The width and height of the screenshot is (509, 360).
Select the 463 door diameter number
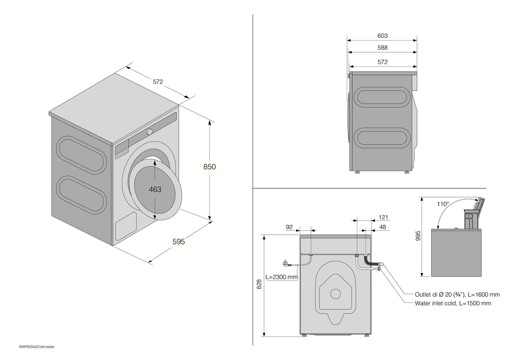(x=155, y=189)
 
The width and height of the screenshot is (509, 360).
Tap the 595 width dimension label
(x=178, y=242)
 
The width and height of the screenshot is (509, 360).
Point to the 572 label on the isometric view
(x=159, y=81)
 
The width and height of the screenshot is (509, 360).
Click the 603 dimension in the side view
(x=383, y=36)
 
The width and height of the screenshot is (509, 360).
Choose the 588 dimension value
(x=383, y=48)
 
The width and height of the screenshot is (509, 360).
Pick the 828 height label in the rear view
(x=259, y=284)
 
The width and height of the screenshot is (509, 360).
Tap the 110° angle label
(x=442, y=204)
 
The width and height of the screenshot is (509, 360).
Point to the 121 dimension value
(x=383, y=217)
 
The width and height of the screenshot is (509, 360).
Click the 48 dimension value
(x=383, y=228)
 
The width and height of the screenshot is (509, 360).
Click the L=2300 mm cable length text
(x=281, y=277)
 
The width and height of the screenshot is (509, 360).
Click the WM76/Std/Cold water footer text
(x=37, y=347)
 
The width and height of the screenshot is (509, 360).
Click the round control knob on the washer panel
(x=150, y=132)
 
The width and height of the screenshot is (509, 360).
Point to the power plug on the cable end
(x=286, y=264)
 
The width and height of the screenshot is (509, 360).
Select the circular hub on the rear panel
(x=335, y=294)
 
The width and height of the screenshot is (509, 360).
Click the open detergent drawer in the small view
(x=476, y=209)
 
